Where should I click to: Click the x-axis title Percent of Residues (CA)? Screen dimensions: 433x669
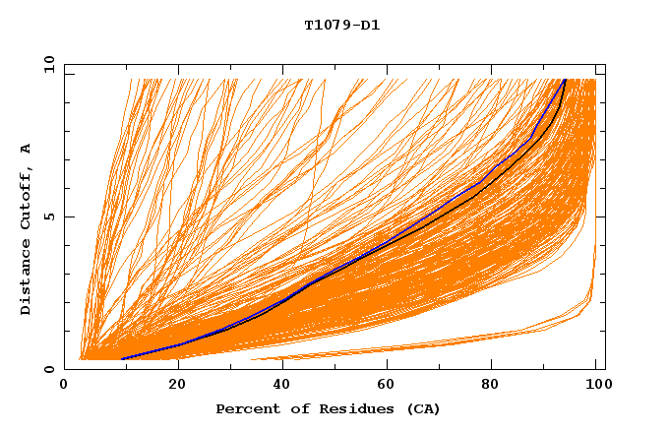[328, 408]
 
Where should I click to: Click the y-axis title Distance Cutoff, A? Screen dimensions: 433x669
[26, 228]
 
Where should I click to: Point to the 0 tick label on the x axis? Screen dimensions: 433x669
[64, 386]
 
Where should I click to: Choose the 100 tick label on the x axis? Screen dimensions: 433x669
[595, 386]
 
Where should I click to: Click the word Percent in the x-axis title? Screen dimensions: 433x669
[244, 408]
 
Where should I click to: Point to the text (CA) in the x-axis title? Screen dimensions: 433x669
[424, 408]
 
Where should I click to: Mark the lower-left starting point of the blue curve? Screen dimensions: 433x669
[121, 359]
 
